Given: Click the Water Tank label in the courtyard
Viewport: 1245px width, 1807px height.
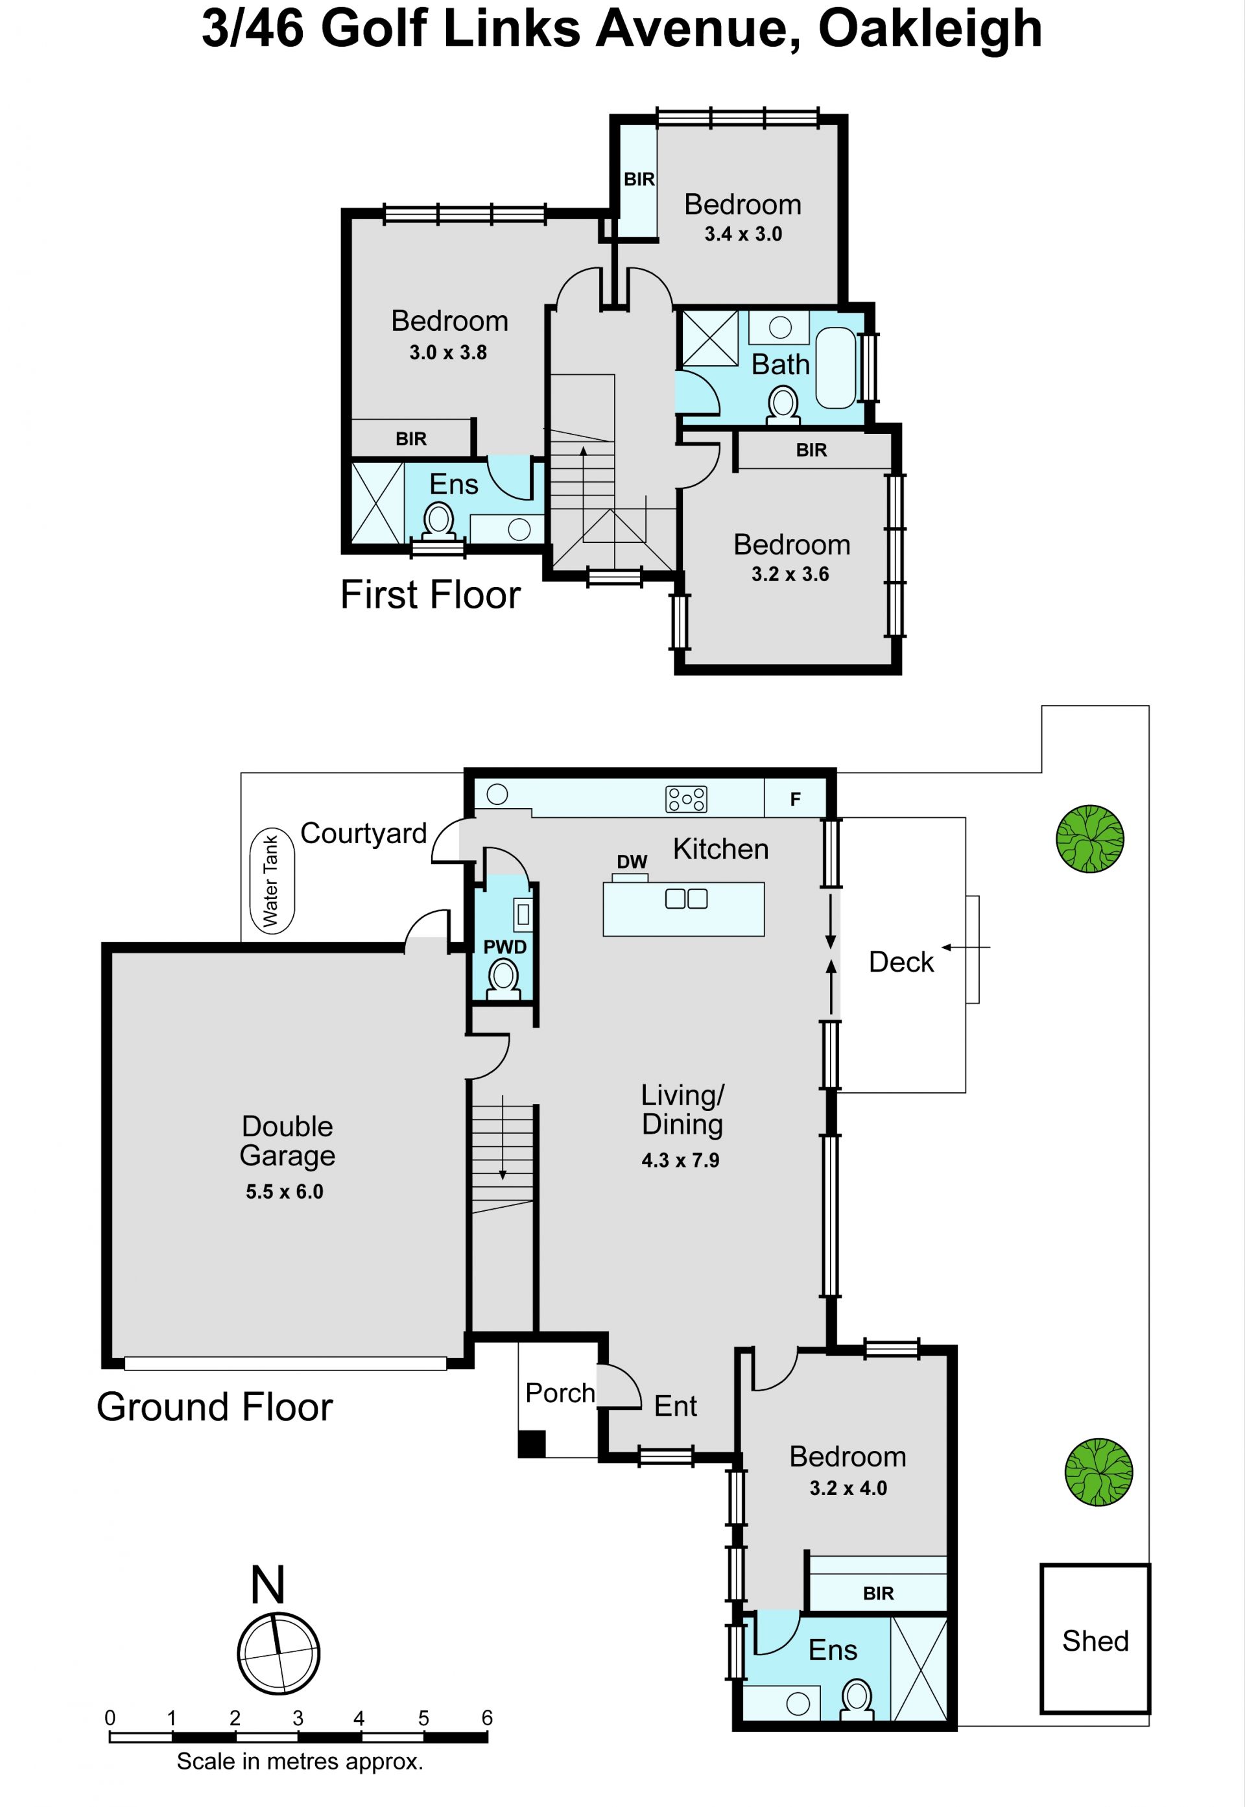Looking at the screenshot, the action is pyautogui.click(x=270, y=881).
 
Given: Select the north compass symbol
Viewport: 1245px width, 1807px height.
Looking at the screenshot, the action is pyautogui.click(x=278, y=1653).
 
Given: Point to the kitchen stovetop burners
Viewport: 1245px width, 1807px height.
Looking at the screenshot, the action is pyautogui.click(x=685, y=799).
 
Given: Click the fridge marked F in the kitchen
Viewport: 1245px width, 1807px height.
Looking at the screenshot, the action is pyautogui.click(x=795, y=799).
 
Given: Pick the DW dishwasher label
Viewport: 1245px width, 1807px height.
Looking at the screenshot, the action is pyautogui.click(x=632, y=861).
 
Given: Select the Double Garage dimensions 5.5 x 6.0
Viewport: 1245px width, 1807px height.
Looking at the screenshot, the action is pyautogui.click(x=285, y=1191).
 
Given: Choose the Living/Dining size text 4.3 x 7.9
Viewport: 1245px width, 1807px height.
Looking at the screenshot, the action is pyautogui.click(x=680, y=1160).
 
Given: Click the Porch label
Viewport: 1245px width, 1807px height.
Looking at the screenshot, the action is pyautogui.click(x=560, y=1393).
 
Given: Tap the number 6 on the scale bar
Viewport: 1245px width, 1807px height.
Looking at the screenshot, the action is pyautogui.click(x=487, y=1717).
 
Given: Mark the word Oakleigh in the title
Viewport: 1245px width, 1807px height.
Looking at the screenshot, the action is pyautogui.click(x=930, y=30).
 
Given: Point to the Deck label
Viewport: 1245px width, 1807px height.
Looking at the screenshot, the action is pyautogui.click(x=901, y=962).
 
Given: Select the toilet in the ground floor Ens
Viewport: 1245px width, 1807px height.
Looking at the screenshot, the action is pyautogui.click(x=857, y=1699).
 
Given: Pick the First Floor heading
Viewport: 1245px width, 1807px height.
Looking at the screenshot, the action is pyautogui.click(x=431, y=595).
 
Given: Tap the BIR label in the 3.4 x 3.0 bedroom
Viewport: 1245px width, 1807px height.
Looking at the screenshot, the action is pyautogui.click(x=639, y=180).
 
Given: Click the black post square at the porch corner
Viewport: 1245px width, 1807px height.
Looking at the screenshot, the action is pyautogui.click(x=532, y=1443).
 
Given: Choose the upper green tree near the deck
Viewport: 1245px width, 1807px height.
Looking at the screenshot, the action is pyautogui.click(x=1090, y=839).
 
